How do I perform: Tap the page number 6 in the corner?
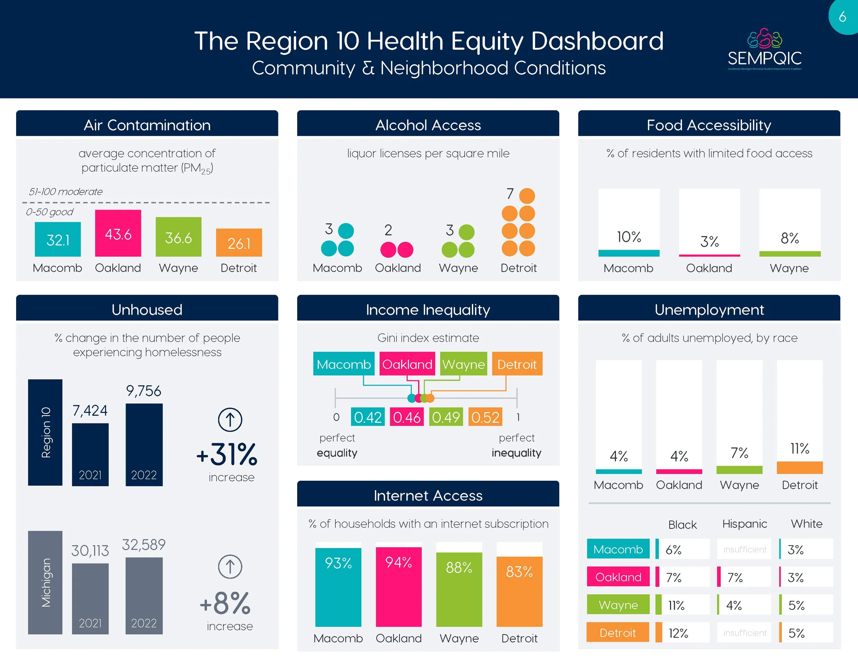[842, 16]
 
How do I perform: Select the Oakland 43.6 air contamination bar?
[118, 233]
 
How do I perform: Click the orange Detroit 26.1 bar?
[239, 243]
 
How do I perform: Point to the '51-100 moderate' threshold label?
[66, 192]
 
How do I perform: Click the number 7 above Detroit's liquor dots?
[510, 194]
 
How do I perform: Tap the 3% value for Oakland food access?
[709, 242]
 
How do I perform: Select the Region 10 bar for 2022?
[144, 445]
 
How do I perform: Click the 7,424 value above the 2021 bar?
[90, 411]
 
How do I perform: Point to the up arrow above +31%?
[230, 419]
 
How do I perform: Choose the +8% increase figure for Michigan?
[225, 603]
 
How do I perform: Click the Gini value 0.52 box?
[485, 417]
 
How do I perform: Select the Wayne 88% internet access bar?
[459, 589]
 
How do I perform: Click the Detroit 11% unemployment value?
[799, 449]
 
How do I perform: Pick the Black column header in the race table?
[682, 525]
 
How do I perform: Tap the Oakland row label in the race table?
[618, 577]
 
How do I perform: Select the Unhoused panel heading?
[147, 310]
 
